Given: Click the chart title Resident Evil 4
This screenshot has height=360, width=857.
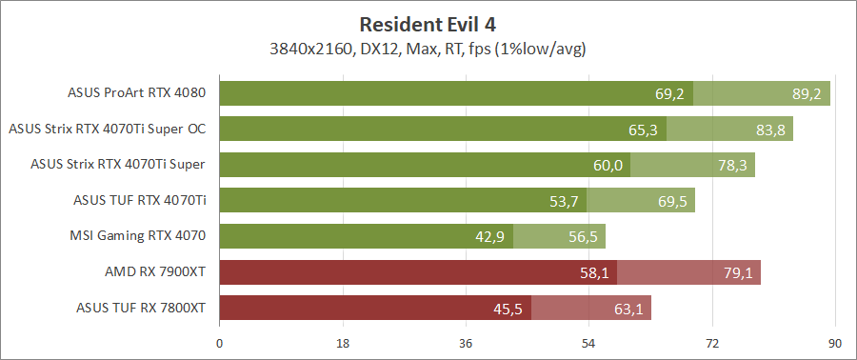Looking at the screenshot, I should tap(428, 23).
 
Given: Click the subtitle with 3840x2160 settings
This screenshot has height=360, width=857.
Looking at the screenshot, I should tap(428, 48).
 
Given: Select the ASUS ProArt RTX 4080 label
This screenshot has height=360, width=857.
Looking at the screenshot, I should tap(137, 93).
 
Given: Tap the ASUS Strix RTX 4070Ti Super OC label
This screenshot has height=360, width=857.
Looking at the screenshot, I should tap(108, 129).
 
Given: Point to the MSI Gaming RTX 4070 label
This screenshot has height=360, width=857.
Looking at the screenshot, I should tap(138, 235).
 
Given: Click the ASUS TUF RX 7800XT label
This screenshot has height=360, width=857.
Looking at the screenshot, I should tap(141, 308).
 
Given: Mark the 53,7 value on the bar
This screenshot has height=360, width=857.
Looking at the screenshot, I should tap(565, 201).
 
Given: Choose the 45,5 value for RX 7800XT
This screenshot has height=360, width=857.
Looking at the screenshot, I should tap(508, 309).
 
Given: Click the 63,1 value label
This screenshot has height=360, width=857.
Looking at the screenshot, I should tap(627, 309).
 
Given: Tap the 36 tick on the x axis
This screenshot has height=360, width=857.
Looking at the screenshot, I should tap(466, 343).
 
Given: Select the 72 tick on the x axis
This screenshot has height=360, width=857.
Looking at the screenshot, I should tap(711, 343).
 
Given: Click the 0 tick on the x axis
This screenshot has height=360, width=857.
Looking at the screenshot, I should tap(220, 343).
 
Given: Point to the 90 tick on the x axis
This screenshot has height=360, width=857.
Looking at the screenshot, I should tap(834, 343).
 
